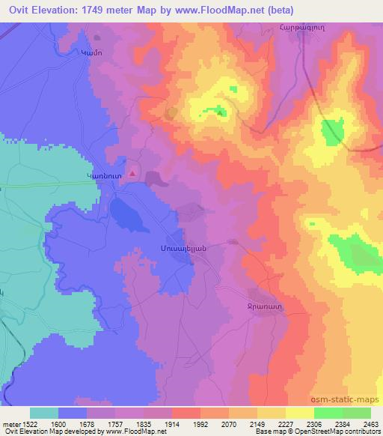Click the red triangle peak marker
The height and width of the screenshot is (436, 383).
[132, 173]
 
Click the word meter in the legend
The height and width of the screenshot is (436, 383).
[10, 423]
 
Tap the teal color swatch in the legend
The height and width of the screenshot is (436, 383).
[44, 413]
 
